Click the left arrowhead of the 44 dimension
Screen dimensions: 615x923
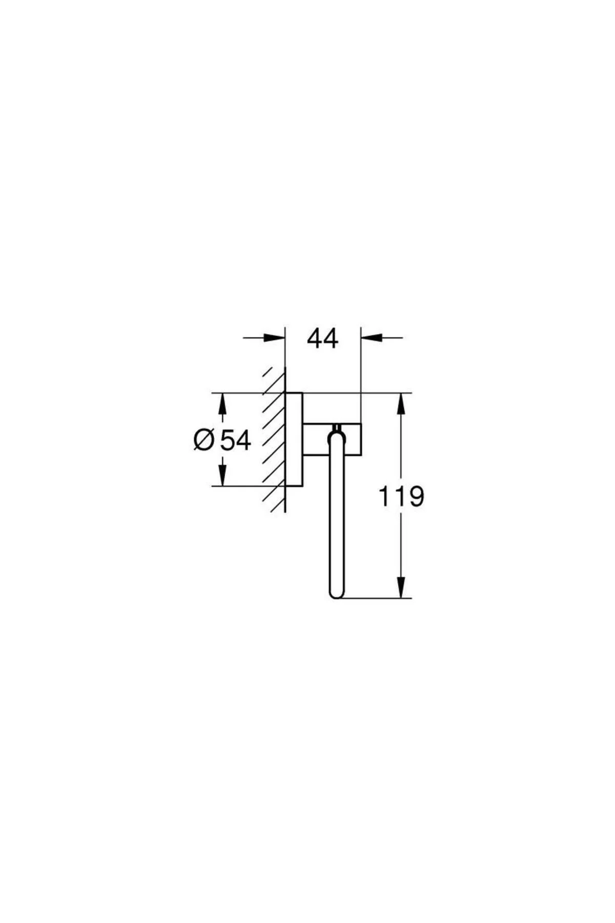pyautogui.click(x=274, y=337)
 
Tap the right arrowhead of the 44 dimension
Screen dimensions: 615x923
pyautogui.click(x=372, y=337)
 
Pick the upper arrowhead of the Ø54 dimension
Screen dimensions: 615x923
pyautogui.click(x=222, y=404)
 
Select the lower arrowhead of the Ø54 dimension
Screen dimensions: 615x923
pyautogui.click(x=222, y=475)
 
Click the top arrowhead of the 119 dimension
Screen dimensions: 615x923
pyautogui.click(x=401, y=404)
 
